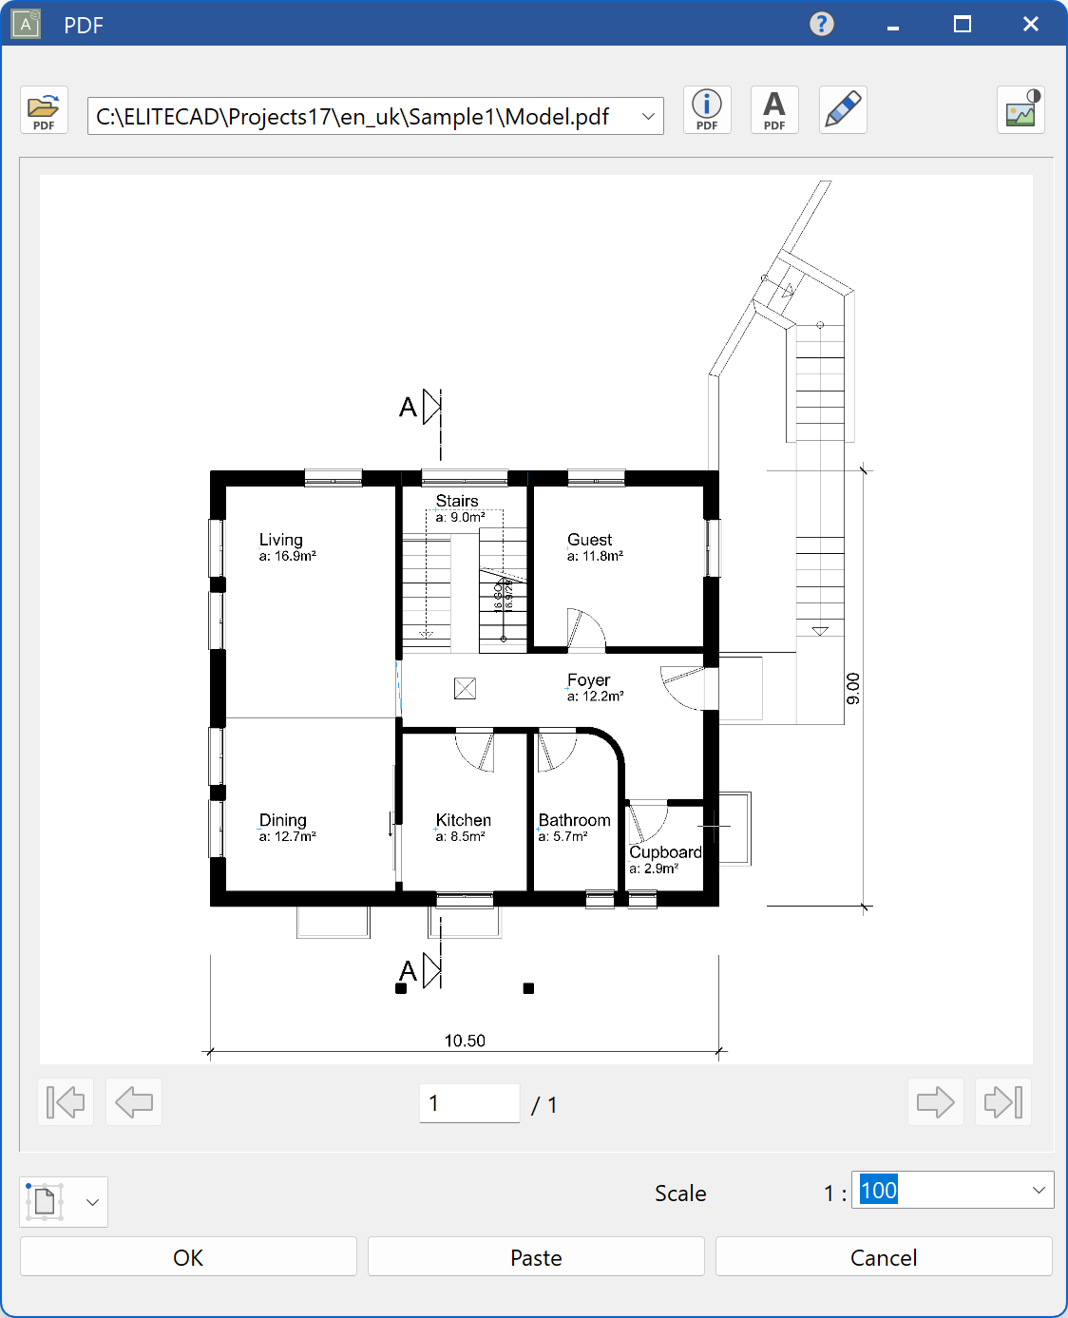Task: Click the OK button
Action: coord(188,1257)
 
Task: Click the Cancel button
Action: coord(883,1257)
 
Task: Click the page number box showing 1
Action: coord(469,1103)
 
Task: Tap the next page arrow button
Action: coord(935,1102)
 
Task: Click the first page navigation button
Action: coord(66,1102)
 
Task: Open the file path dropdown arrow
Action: coord(648,117)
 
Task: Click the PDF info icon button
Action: coord(707,110)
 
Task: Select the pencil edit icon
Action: coord(843,110)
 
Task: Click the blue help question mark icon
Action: coord(822,24)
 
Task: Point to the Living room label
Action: coord(281,540)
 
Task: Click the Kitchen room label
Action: coord(464,820)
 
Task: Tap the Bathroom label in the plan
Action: coord(574,820)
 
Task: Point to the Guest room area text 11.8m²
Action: coord(596,557)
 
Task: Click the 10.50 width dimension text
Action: coord(465,1041)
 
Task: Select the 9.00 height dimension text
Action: coord(853,688)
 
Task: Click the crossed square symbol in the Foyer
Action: coord(465,688)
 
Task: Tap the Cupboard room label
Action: coord(665,852)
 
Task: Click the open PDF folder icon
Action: coord(44,110)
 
